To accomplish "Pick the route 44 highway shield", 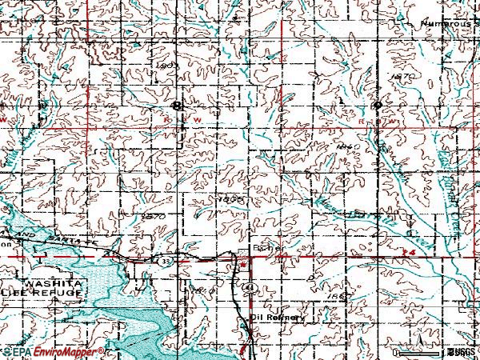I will (x=249, y=286).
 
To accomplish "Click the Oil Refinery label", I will (x=278, y=317).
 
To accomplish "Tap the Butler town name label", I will (x=267, y=249).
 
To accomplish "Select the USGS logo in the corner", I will (x=461, y=351).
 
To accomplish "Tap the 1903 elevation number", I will (x=166, y=65).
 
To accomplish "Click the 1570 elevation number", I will (x=152, y=216).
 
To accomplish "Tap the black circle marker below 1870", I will (x=375, y=104).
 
